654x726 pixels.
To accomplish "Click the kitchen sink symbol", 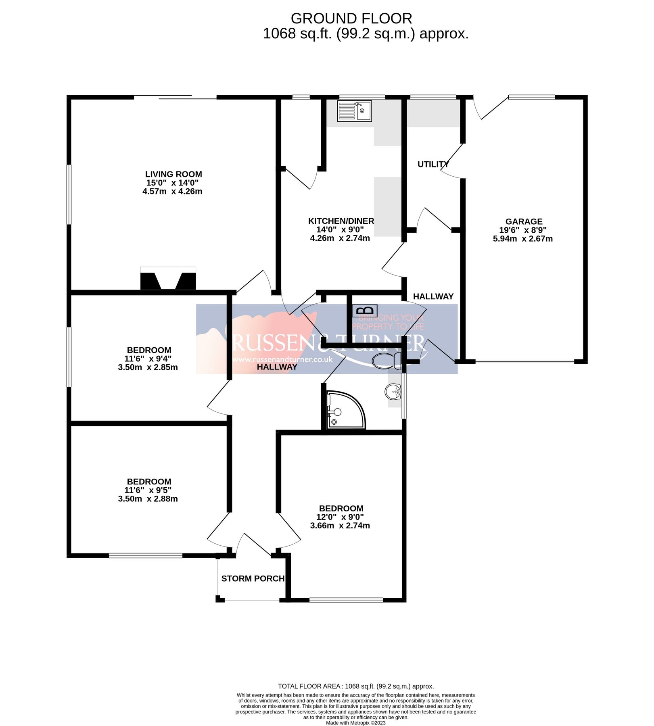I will (x=354, y=111).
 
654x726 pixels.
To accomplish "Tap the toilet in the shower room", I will (x=387, y=360).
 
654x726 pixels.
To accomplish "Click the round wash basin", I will (x=393, y=391).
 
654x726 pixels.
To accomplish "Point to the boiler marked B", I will (x=365, y=311).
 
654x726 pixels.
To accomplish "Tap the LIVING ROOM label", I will (x=173, y=174).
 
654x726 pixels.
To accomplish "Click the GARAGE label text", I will (x=524, y=221).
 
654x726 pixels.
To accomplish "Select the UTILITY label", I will (x=433, y=164).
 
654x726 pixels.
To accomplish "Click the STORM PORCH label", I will (x=253, y=578).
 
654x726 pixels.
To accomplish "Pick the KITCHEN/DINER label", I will (x=341, y=221).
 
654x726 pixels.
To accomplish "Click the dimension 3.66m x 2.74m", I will (x=340, y=526).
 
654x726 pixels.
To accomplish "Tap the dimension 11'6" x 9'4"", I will (x=148, y=359).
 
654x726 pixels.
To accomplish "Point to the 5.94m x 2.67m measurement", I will (x=522, y=238).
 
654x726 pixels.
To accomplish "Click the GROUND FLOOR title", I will (x=351, y=19).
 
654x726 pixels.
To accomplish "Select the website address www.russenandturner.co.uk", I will (x=282, y=359).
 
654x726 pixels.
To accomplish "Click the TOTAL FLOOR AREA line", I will (x=355, y=686).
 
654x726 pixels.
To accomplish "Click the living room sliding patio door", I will (x=176, y=97).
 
